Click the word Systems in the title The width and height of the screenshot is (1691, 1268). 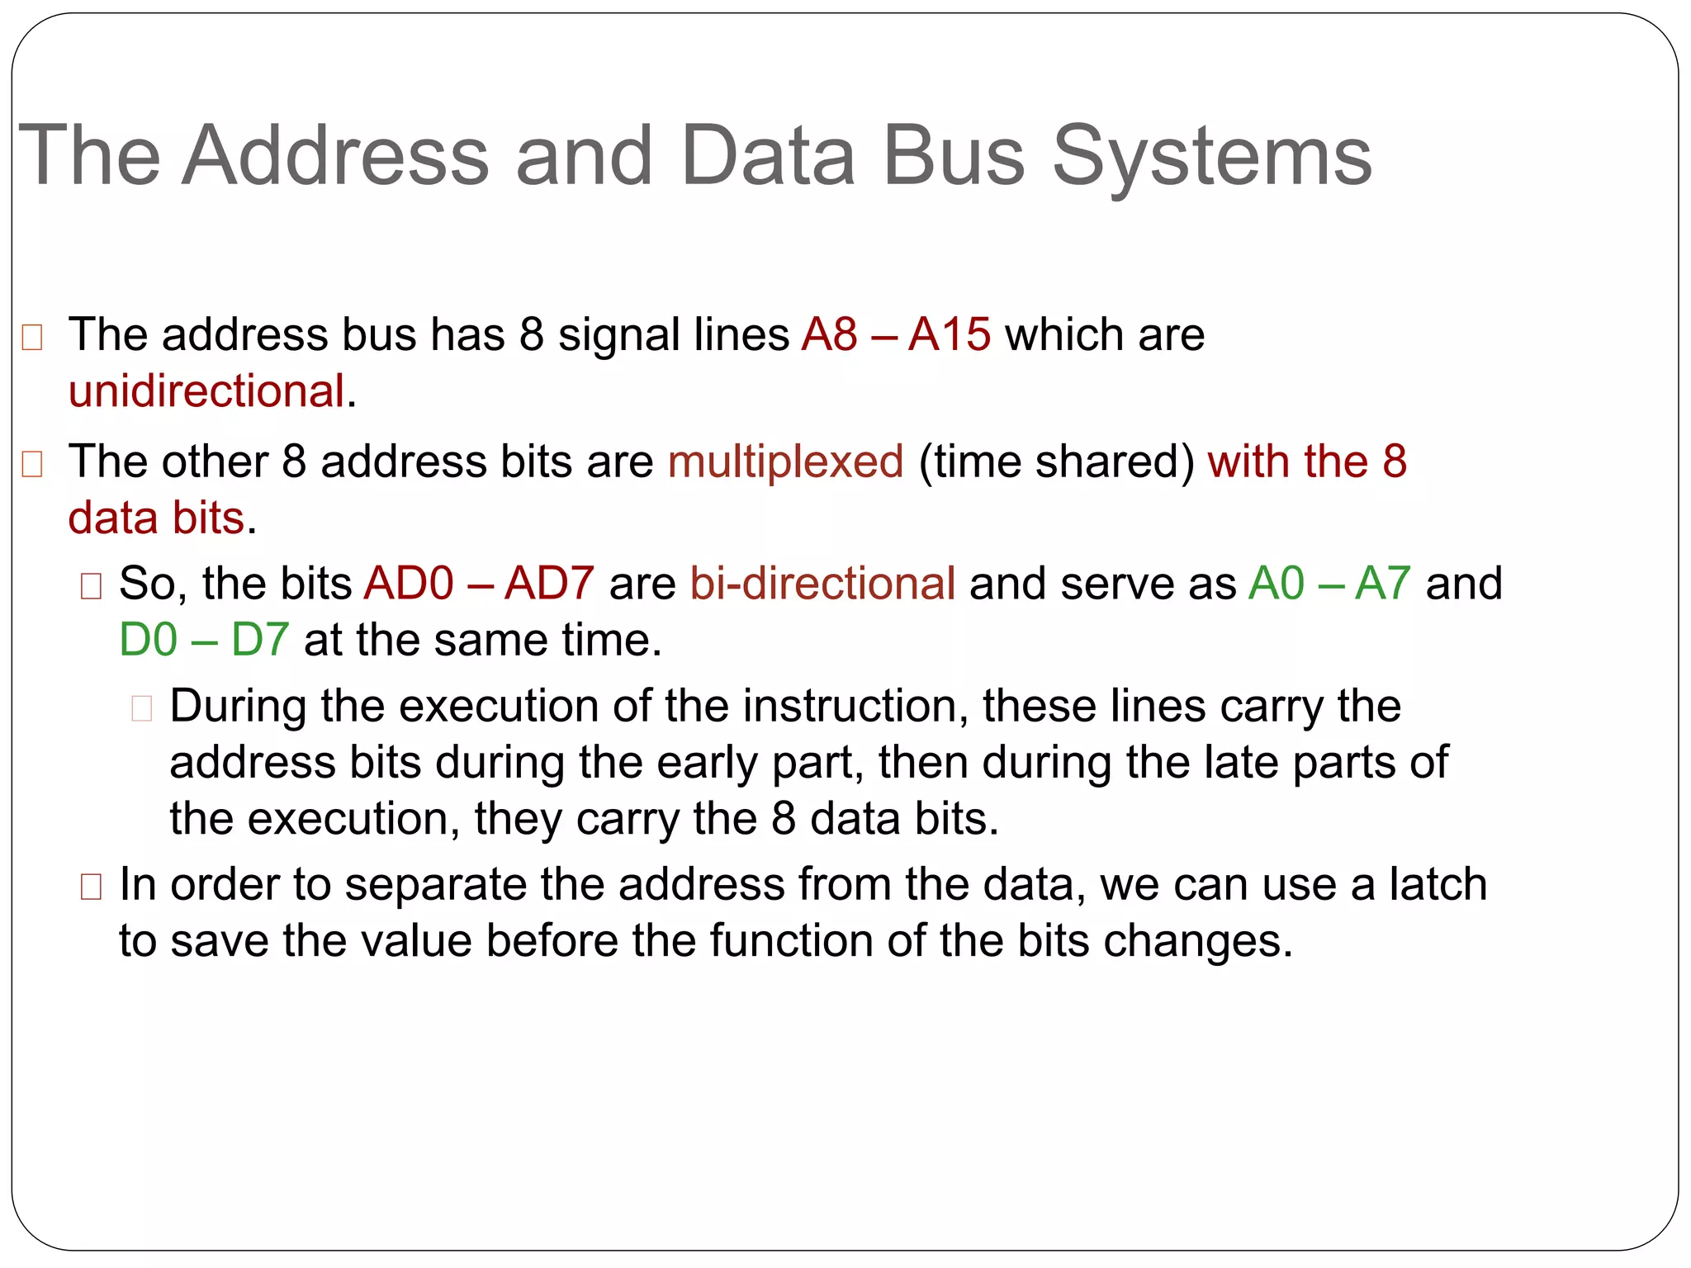(1211, 157)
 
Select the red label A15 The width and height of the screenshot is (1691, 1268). (950, 335)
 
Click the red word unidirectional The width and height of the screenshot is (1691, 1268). (206, 391)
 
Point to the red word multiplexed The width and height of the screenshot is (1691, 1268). (785, 461)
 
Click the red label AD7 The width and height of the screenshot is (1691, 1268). (549, 584)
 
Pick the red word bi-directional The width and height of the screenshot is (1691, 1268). (822, 584)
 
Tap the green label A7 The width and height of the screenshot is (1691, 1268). (1383, 584)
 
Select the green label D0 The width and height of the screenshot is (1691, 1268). (149, 641)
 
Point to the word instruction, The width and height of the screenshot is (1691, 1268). (855, 707)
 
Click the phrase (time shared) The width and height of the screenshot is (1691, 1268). (1056, 461)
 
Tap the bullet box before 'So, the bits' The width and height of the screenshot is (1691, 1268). (91, 586)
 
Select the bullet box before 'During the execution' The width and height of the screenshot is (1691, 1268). (142, 708)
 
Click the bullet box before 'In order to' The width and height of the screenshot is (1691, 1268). (91, 887)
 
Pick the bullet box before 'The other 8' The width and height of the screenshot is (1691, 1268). (32, 464)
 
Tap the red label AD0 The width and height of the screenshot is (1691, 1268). (410, 584)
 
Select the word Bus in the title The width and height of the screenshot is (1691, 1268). (954, 155)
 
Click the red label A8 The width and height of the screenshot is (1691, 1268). (830, 335)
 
